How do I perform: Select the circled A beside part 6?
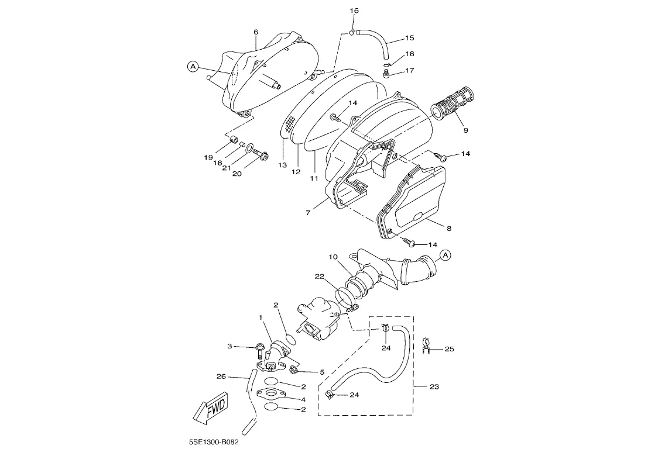[x=192, y=66]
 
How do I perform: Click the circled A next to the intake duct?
[x=445, y=255]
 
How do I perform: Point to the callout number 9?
[x=466, y=130]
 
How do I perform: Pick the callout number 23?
[x=434, y=386]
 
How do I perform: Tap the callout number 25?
[x=450, y=349]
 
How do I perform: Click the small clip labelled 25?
[x=426, y=344]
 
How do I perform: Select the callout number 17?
[x=410, y=70]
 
